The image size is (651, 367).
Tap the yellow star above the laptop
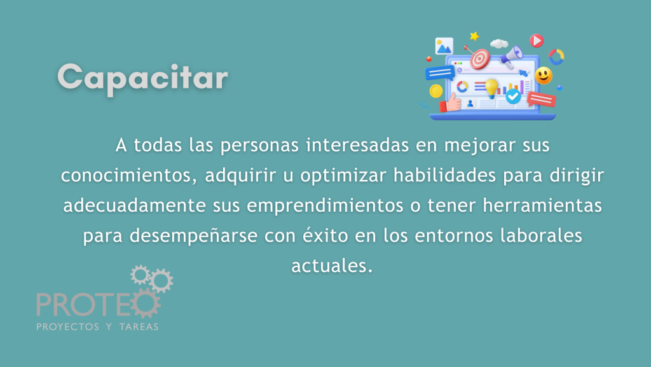[x=474, y=36]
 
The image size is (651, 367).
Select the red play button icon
[x=537, y=41]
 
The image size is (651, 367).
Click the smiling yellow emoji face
[x=544, y=76]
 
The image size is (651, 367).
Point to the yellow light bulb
[x=491, y=88]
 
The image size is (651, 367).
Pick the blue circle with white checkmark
[x=513, y=96]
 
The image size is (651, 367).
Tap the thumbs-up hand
[x=450, y=102]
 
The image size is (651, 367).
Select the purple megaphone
[x=511, y=57]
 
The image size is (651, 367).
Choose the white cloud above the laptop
[x=499, y=43]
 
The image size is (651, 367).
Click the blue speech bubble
[x=440, y=74]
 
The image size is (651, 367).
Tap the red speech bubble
[x=542, y=99]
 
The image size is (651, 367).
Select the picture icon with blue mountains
[x=444, y=46]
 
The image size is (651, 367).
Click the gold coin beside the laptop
[x=436, y=91]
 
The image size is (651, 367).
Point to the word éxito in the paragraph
[x=325, y=235]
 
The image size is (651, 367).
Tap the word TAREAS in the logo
[x=139, y=327]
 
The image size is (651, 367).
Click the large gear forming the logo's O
[x=146, y=303]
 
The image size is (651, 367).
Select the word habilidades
[x=444, y=175]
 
